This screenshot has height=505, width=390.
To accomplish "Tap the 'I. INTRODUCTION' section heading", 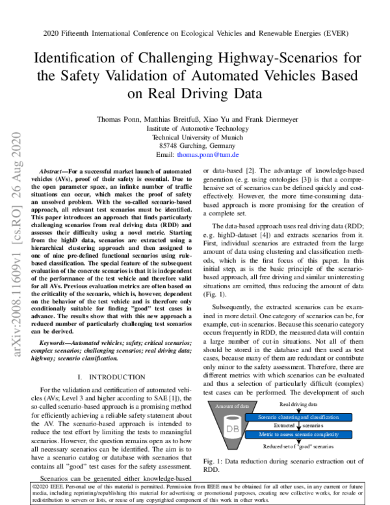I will [110, 377].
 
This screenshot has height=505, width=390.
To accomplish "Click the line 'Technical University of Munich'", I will [194, 137].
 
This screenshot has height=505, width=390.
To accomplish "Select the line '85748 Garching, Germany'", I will [194, 146].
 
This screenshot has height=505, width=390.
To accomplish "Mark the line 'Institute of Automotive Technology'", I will [194, 128].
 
